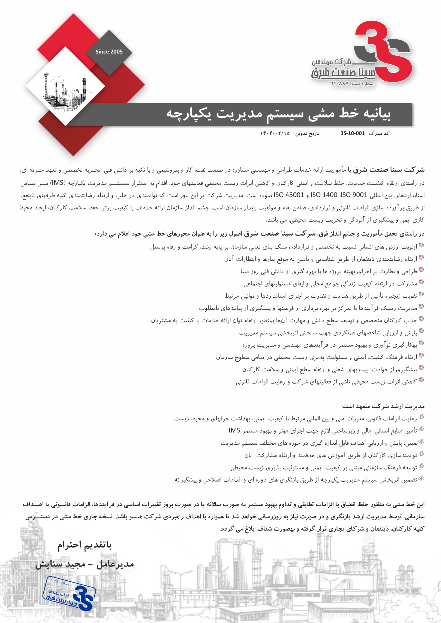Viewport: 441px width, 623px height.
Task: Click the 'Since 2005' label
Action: click(109, 52)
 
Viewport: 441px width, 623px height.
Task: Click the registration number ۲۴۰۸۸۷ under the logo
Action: click(340, 83)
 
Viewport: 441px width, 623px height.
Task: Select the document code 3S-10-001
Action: click(352, 133)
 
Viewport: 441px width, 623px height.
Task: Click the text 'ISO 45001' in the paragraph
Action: click(289, 195)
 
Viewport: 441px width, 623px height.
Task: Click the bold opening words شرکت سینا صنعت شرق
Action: click(389, 170)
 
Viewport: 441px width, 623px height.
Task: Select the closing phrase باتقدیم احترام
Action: click(84, 545)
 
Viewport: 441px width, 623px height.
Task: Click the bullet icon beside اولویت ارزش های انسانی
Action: click(421, 245)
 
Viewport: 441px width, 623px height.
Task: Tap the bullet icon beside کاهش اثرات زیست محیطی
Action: click(421, 380)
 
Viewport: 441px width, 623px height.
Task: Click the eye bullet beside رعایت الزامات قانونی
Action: click(421, 416)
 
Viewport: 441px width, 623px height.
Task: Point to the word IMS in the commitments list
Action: click(234, 430)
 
